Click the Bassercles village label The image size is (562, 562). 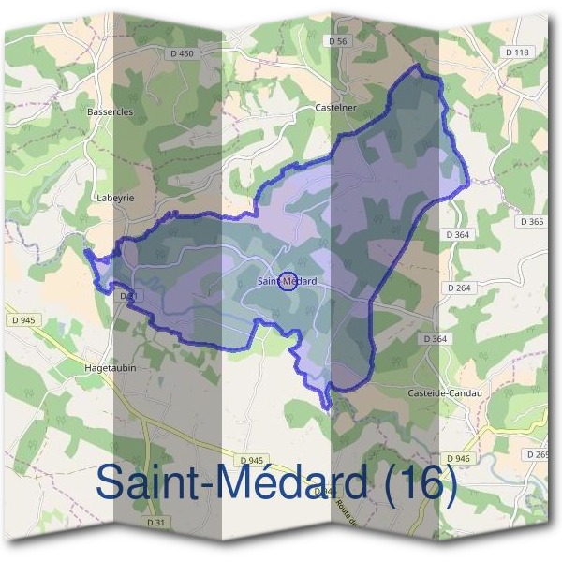pos(110,111)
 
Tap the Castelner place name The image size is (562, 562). pos(338,108)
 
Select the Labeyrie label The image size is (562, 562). pos(116,199)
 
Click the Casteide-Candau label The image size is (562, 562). pos(445,392)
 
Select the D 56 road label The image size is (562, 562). pos(338,41)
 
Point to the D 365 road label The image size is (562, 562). pos(531,222)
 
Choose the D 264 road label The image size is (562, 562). pos(459,288)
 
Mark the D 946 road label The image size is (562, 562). pos(457,458)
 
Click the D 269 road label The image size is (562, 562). pos(540,454)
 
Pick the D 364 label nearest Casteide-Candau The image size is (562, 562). pos(436,338)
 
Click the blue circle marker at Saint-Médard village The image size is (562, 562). pos(288,280)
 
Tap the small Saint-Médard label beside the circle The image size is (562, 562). pos(288,281)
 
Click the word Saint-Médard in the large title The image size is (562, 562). pos(230,483)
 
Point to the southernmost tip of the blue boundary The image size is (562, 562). pos(327,408)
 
